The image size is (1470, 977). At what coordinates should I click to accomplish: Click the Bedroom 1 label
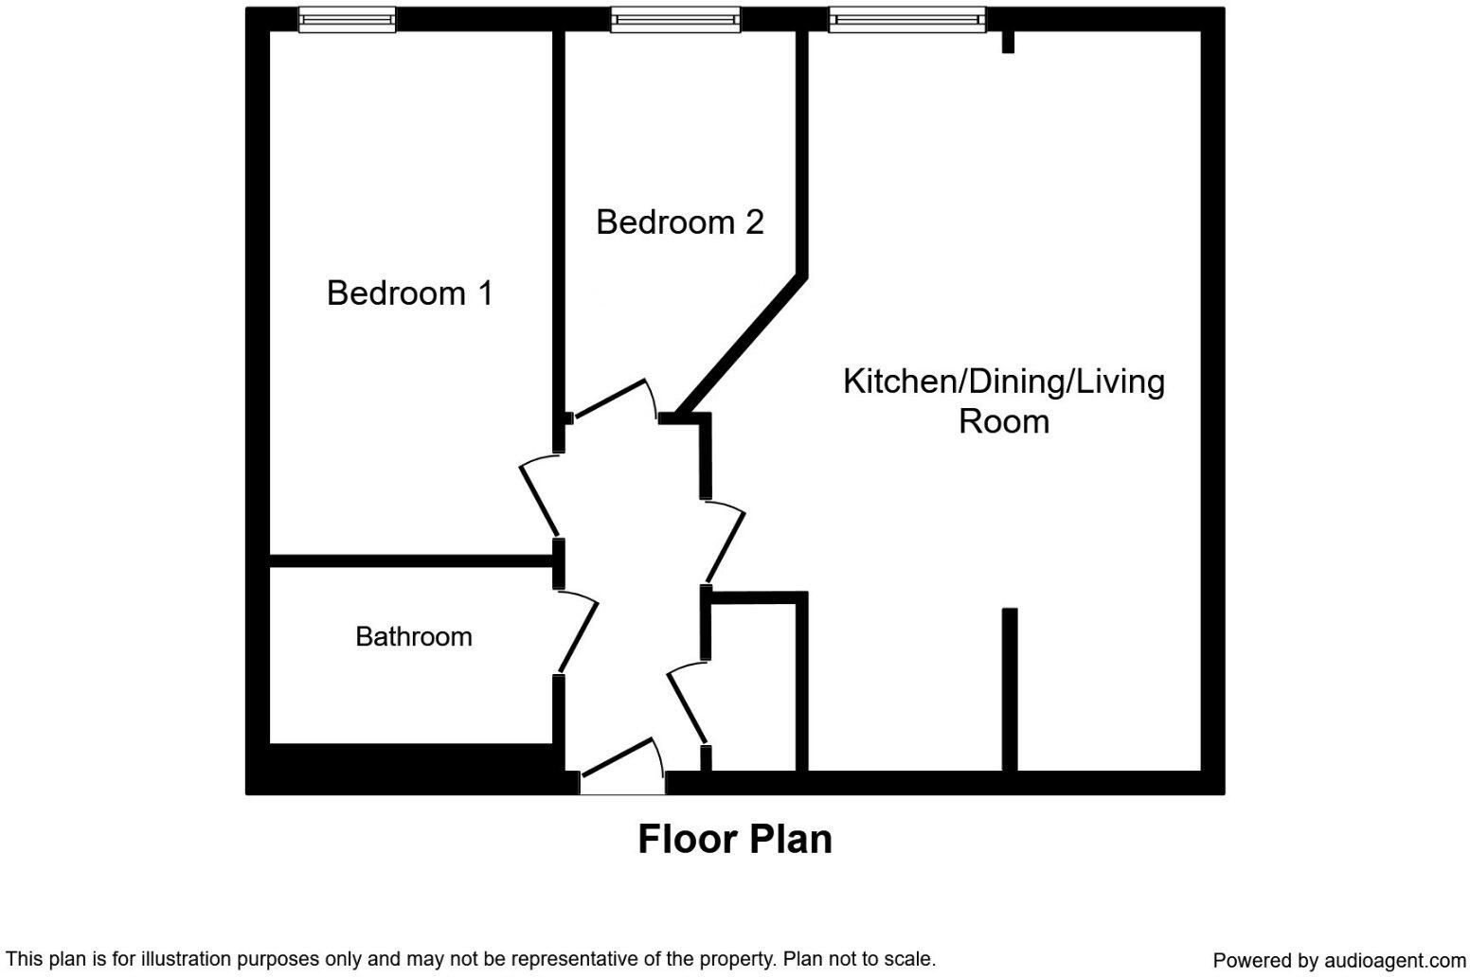click(410, 293)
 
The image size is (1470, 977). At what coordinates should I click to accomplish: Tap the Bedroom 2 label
click(679, 222)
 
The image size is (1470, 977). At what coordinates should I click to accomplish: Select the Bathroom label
click(413, 636)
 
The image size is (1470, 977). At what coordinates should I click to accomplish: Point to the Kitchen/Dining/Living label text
click(1003, 382)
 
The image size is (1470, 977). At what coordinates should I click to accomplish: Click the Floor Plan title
click(734, 840)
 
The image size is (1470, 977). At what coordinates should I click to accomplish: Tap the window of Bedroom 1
click(347, 19)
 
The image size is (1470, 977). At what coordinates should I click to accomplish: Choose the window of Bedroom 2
click(674, 19)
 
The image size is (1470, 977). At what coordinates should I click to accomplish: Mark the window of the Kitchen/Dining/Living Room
click(906, 19)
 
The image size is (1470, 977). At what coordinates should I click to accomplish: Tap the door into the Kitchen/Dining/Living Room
click(725, 543)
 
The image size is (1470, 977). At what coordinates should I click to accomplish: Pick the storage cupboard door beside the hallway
click(687, 703)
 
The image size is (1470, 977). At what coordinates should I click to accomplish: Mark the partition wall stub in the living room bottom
click(1010, 688)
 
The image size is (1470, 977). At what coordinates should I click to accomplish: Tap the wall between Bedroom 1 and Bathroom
click(412, 561)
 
